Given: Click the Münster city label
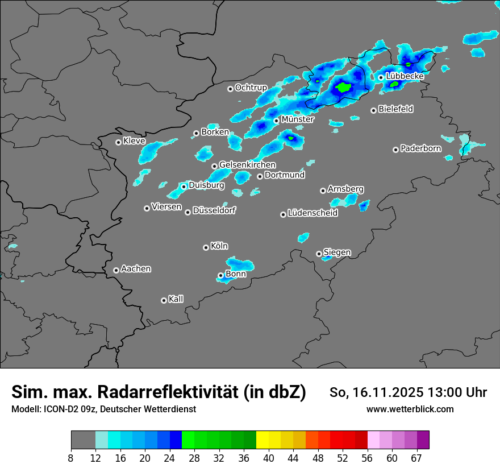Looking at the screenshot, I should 297,119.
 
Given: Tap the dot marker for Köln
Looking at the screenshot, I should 206,247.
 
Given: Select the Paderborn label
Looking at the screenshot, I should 420,148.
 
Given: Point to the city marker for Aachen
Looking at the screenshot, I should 116,270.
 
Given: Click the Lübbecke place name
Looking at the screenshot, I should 405,76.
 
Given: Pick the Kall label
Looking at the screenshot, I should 176,299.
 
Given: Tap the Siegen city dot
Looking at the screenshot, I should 319,254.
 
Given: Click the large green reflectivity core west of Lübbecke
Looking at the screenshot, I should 343,88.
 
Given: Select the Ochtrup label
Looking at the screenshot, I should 251,88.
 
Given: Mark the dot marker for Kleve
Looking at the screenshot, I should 118,142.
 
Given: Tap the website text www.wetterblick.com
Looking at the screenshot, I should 410,409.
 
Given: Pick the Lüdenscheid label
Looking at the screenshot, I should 312,213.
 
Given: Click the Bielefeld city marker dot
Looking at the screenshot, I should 373,110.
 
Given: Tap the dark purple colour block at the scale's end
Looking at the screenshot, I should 423,440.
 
